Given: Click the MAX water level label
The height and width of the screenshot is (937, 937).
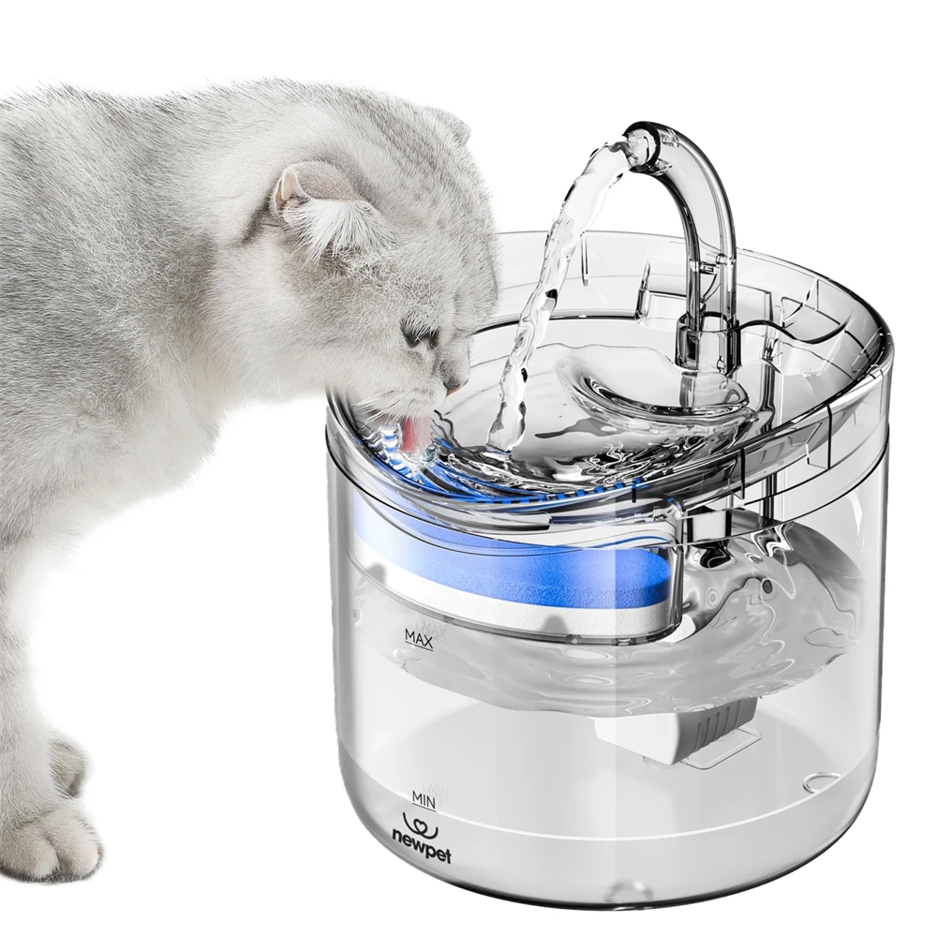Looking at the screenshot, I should pyautogui.click(x=418, y=639).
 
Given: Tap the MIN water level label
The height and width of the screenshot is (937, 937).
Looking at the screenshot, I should pyautogui.click(x=424, y=798).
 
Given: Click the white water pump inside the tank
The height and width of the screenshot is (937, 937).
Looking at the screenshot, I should pyautogui.click(x=675, y=736).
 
